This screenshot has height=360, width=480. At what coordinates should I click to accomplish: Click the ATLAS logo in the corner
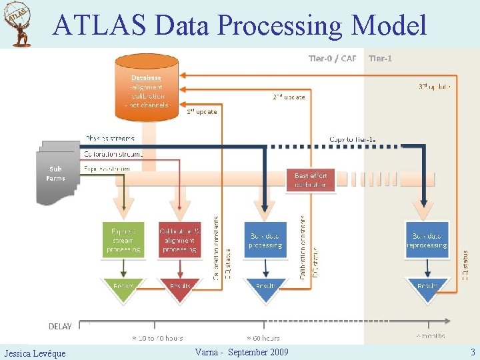(19, 25)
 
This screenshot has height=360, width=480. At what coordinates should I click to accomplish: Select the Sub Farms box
(56, 173)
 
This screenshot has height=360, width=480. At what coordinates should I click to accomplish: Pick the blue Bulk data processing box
(265, 241)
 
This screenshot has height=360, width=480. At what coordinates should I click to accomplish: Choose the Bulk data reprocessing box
(427, 241)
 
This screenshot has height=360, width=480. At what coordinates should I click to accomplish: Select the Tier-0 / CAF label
(332, 59)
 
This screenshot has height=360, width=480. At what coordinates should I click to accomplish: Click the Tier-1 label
(380, 59)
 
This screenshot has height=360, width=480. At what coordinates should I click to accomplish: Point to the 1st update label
(201, 111)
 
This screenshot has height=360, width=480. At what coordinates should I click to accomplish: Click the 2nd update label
(289, 97)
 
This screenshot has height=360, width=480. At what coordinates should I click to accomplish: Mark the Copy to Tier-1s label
(353, 139)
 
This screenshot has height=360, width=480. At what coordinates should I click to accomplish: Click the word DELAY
(61, 326)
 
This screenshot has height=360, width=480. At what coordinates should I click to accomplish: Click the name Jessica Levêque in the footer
(35, 353)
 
